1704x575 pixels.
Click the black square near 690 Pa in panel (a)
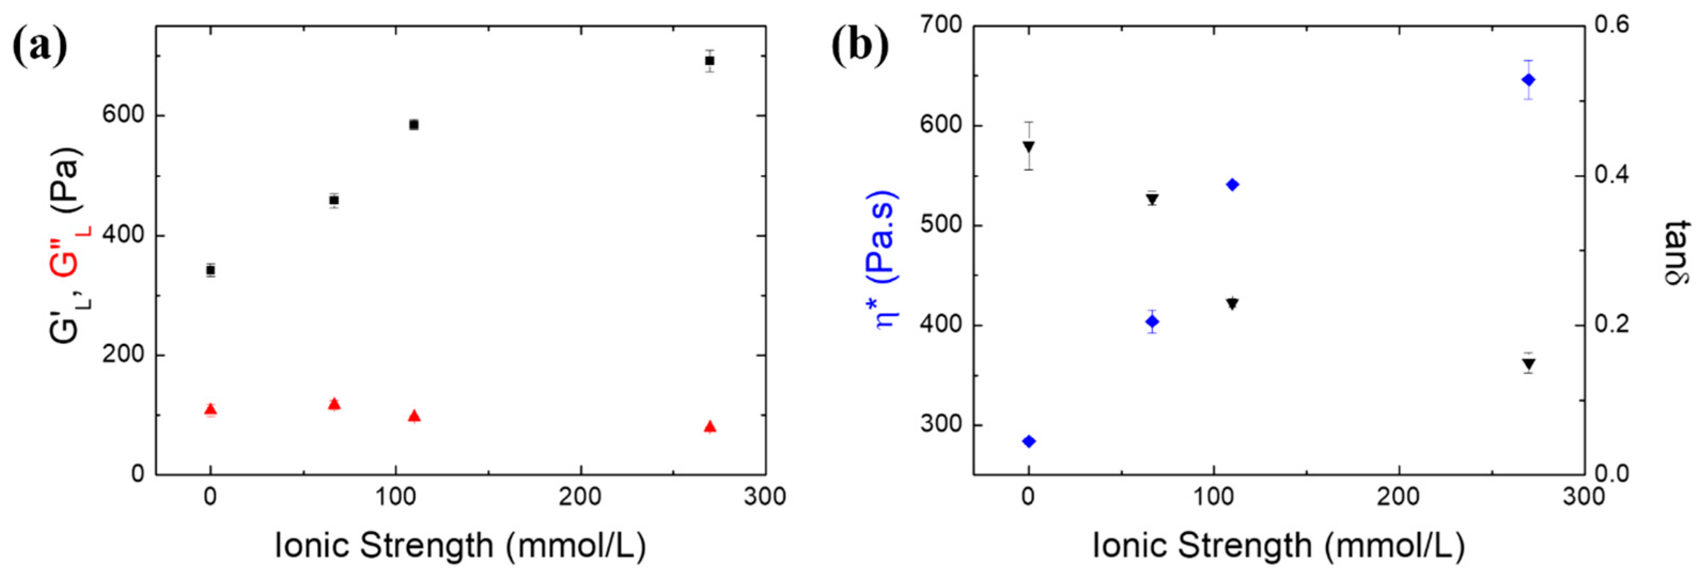point(710,61)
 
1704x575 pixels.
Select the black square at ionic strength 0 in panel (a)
point(210,270)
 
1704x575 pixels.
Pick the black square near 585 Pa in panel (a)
point(414,125)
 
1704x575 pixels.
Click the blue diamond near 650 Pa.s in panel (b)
point(1528,80)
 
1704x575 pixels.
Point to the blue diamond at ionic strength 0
point(1029,442)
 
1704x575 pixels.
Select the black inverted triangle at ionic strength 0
point(1029,146)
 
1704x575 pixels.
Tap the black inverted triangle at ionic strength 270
point(1528,364)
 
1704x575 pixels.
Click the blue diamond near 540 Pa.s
point(1232,184)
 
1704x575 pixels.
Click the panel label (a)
point(40,47)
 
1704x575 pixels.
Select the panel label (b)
point(860,47)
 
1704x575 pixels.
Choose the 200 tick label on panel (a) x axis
point(580,497)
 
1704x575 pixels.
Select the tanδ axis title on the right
point(1677,253)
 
